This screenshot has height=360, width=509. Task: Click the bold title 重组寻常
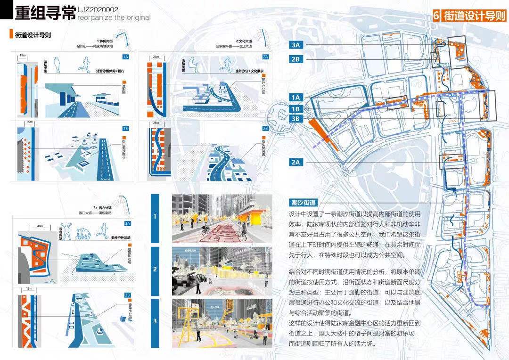point(45,13)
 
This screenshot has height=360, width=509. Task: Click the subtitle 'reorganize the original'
point(114,18)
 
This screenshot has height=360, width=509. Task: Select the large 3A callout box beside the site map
point(296,45)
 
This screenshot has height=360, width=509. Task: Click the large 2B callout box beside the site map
point(296,59)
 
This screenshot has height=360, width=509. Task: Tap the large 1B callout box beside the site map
point(296,108)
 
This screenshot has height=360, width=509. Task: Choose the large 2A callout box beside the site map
point(296,162)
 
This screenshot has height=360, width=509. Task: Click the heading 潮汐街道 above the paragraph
point(303,202)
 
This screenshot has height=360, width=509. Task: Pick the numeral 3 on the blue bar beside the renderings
point(155,322)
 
